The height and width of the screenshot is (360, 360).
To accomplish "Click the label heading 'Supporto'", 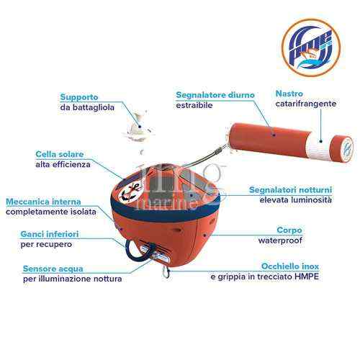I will point(79,96).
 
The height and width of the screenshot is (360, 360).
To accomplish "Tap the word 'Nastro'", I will point(290,93).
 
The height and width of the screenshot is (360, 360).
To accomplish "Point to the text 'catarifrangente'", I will point(306,104).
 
